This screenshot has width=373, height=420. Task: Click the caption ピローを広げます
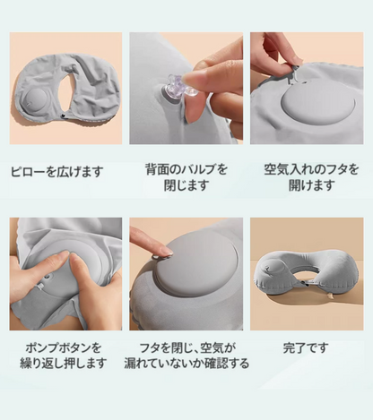tap(56, 171)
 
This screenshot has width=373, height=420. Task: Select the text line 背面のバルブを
tap(186, 169)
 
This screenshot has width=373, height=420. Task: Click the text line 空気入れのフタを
tap(311, 169)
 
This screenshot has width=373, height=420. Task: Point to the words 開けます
tap(311, 186)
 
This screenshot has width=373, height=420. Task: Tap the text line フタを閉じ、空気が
tap(186, 347)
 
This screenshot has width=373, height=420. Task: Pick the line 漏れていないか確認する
tap(186, 364)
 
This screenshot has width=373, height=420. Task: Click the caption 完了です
tap(311, 347)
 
